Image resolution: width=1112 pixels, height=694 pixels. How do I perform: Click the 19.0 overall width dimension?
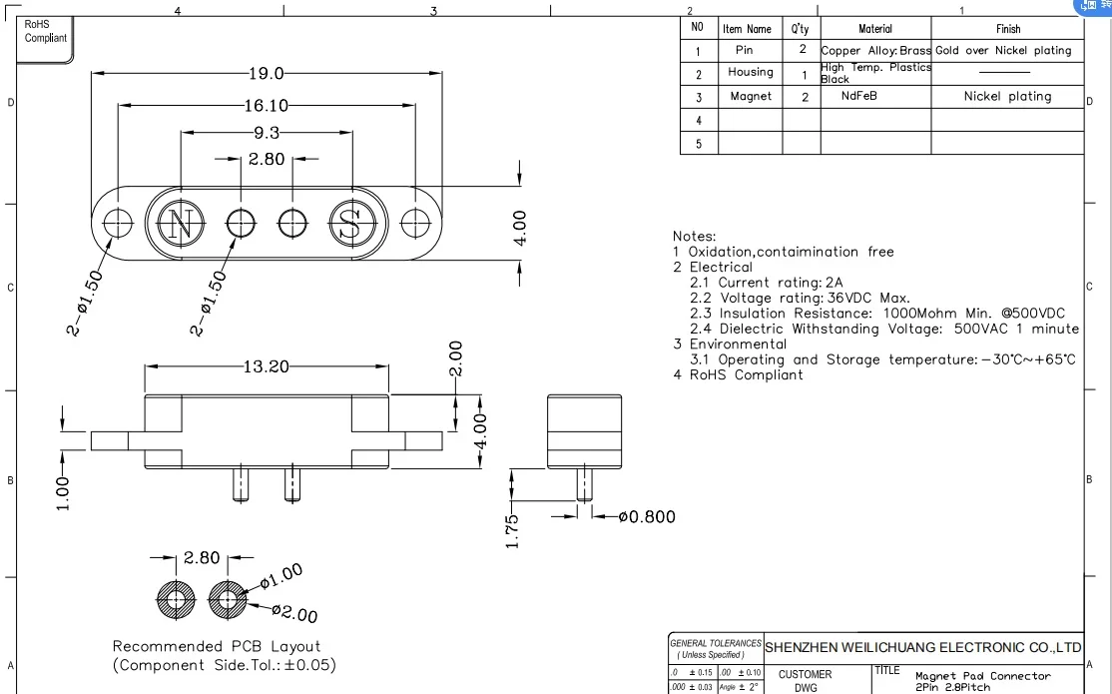[x=267, y=73]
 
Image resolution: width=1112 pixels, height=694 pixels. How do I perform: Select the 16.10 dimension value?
[x=267, y=105]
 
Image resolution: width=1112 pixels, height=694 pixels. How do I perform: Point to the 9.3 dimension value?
[x=267, y=132]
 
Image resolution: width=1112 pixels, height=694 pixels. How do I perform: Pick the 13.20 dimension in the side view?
[x=267, y=366]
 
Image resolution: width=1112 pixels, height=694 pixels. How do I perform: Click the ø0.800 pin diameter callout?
[x=647, y=516]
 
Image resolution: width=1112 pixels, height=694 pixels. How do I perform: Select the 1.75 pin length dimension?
[x=512, y=530]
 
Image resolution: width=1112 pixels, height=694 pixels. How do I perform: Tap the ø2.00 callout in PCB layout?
[x=294, y=614]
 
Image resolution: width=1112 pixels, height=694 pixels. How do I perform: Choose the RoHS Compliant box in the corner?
[x=45, y=31]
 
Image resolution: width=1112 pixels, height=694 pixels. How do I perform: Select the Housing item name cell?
[x=750, y=73]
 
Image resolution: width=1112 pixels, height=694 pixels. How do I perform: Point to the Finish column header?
[x=1007, y=29]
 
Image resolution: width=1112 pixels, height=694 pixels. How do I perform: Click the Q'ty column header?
[x=801, y=29]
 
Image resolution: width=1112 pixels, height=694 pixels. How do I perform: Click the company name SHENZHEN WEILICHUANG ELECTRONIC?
[x=923, y=647]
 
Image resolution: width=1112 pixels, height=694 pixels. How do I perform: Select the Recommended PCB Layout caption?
[x=217, y=646]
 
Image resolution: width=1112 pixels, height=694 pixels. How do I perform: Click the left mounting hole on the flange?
[x=119, y=223]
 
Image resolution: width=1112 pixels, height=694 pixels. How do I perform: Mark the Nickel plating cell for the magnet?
[x=1007, y=97]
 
